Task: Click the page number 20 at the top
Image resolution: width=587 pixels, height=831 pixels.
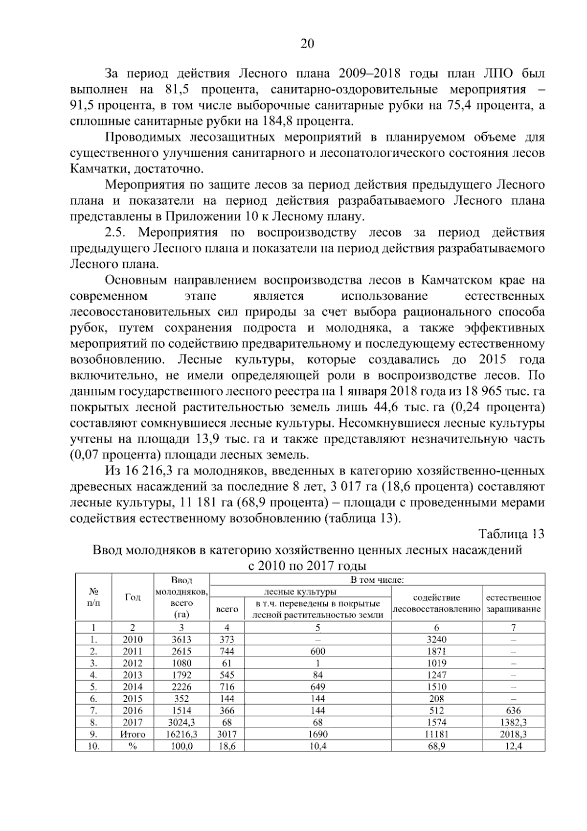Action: [x=307, y=44]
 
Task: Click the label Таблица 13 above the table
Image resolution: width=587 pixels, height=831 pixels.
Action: [x=511, y=534]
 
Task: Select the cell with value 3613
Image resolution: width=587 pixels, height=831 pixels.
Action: [x=181, y=640]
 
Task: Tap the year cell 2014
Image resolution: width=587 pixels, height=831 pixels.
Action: [x=133, y=687]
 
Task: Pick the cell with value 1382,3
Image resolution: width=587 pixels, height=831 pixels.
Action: [x=513, y=722]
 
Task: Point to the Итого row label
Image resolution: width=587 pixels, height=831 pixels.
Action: [x=133, y=734]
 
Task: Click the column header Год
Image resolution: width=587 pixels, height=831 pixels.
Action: [x=133, y=597]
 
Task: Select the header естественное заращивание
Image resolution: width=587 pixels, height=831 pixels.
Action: [x=513, y=603]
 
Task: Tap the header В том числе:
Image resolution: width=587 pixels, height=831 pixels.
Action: [x=377, y=580]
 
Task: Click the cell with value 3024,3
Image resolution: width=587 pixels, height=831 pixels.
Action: [x=181, y=722]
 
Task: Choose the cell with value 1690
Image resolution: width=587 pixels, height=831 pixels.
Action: [x=317, y=734]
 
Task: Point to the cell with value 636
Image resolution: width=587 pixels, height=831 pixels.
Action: [x=513, y=711]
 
